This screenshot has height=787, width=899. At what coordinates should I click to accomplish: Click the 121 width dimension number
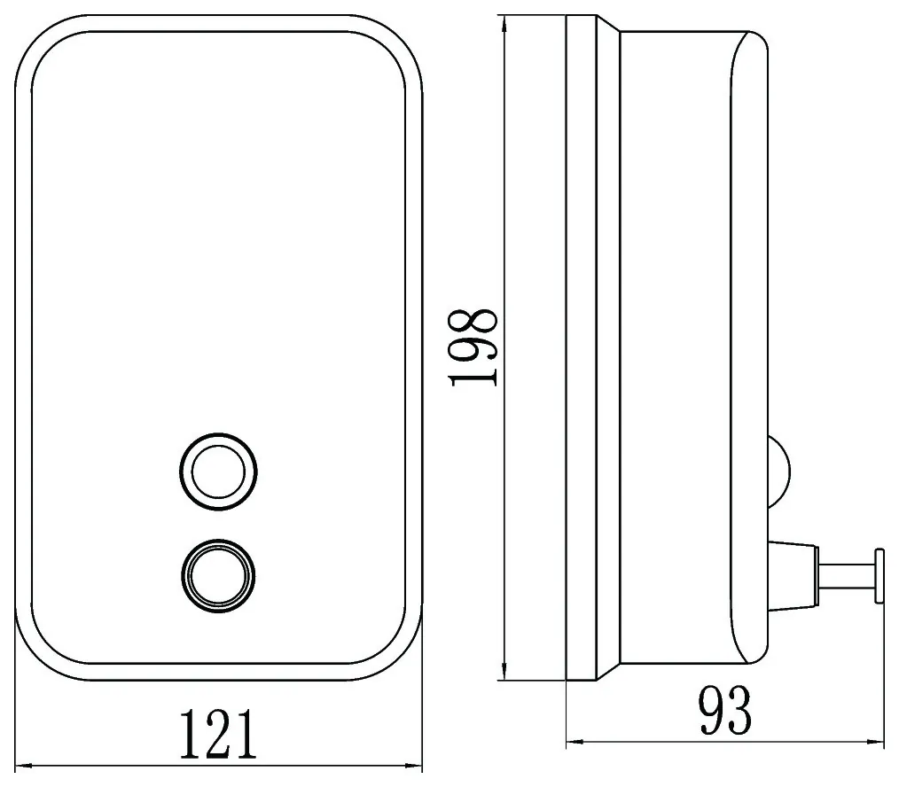click(x=218, y=734)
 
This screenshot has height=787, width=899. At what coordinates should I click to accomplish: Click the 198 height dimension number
click(x=474, y=348)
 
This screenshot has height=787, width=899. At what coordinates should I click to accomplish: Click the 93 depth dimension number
click(x=724, y=711)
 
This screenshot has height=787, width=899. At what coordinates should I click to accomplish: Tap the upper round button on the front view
click(x=218, y=472)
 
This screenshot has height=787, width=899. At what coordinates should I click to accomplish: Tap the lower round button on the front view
click(x=218, y=576)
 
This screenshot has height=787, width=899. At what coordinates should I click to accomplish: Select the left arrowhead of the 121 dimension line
click(x=22, y=765)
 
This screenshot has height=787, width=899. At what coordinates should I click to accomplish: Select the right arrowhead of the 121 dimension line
click(x=415, y=765)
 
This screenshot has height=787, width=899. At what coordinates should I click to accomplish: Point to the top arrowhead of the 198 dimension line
click(x=504, y=24)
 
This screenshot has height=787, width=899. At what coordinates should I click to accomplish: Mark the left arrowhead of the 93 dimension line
click(x=575, y=743)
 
